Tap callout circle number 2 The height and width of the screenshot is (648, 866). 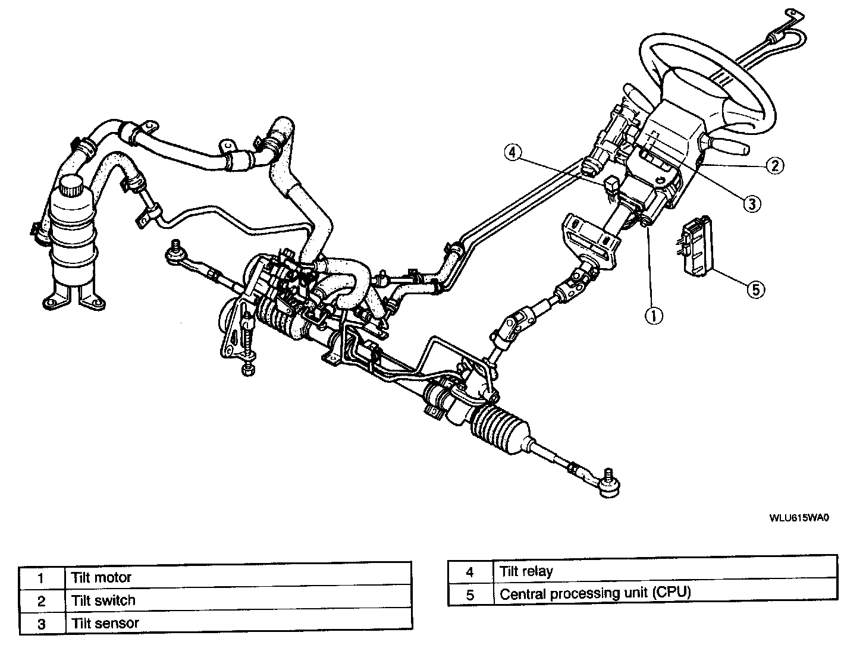click(x=774, y=165)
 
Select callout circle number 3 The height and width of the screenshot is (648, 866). click(x=751, y=203)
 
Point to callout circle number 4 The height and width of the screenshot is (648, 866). click(x=513, y=152)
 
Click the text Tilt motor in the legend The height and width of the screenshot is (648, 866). click(x=101, y=577)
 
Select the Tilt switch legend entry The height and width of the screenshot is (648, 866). click(x=103, y=600)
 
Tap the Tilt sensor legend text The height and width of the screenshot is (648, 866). click(x=105, y=624)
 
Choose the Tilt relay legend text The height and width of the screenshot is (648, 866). click(x=526, y=572)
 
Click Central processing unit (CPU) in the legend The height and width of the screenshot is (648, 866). click(x=595, y=593)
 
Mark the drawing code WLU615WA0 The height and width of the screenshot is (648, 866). click(x=799, y=517)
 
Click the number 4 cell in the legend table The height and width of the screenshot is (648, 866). click(x=470, y=572)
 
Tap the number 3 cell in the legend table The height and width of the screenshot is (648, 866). click(x=41, y=624)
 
